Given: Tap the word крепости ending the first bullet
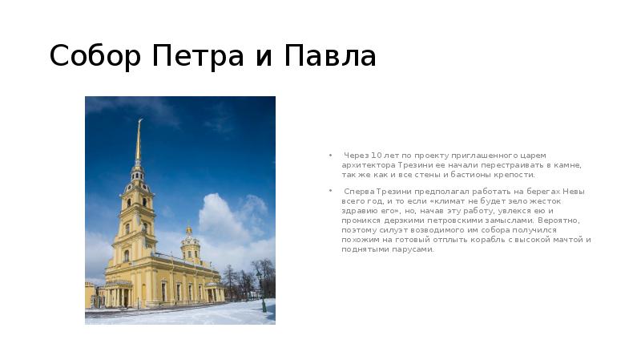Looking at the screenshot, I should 514,174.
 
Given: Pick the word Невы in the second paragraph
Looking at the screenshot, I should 574,191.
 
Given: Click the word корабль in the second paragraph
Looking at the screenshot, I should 504,239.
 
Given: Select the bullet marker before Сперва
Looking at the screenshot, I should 329,191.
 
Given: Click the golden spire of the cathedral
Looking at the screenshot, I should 139,140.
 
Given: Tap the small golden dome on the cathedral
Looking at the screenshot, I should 189,232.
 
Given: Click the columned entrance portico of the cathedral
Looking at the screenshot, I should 119,293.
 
